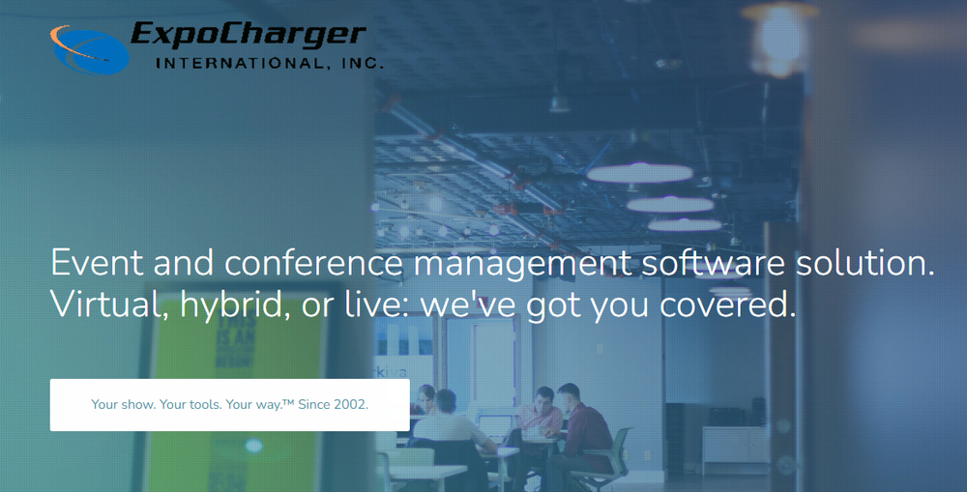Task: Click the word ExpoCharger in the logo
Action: click(x=249, y=35)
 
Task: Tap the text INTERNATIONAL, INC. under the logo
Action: click(x=270, y=64)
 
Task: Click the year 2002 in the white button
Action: click(x=349, y=404)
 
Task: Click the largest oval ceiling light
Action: click(x=639, y=173)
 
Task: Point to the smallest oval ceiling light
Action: click(x=686, y=225)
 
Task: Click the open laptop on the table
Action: click(x=495, y=426)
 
